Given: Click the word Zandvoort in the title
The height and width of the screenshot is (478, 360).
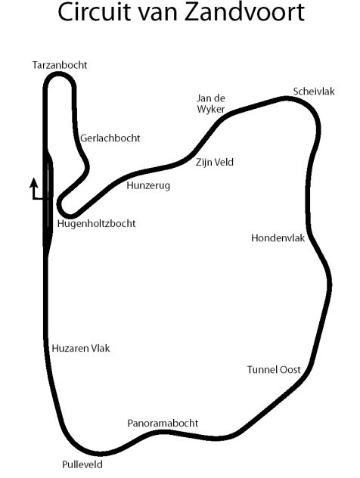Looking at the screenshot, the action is pos(245,13).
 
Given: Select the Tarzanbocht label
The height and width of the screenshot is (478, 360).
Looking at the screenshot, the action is pos(60,65).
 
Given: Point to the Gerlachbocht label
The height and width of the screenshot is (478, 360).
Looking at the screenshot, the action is pos(110,138).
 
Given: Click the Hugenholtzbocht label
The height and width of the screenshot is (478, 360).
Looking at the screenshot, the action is pos(96,224).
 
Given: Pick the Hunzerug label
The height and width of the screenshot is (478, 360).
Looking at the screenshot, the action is pos(148,185).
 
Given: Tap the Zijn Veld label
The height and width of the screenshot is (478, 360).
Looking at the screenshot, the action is pos(215,162).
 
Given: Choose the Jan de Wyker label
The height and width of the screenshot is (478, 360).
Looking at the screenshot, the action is pos(211,104).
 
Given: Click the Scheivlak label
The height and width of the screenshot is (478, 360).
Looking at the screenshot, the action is pos(314,92).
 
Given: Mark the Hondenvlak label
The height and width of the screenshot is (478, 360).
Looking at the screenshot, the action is pos(278,238).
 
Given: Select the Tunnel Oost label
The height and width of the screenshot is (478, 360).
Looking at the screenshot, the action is pos(274,370).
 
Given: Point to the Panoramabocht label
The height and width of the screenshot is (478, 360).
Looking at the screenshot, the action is pos(163,423).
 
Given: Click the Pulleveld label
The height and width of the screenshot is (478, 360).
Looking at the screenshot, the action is pos(82,464).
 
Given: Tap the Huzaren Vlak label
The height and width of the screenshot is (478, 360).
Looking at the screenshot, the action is pos(81,349).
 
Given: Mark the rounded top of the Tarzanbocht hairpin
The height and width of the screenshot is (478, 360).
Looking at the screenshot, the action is pos(60,75).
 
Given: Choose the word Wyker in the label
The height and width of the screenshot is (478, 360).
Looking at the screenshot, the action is pos(211,109).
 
